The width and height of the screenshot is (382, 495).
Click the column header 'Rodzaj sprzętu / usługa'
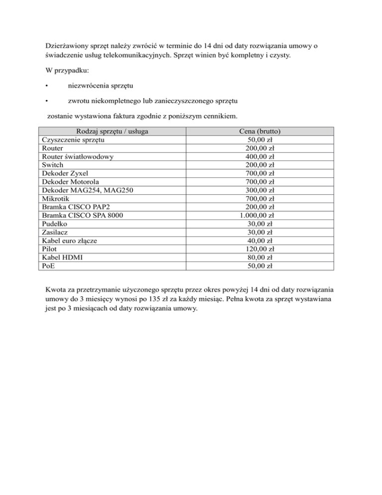click(x=111, y=131)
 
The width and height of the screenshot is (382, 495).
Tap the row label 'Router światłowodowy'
click(x=78, y=157)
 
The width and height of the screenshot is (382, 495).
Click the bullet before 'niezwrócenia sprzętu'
click(x=46, y=85)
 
